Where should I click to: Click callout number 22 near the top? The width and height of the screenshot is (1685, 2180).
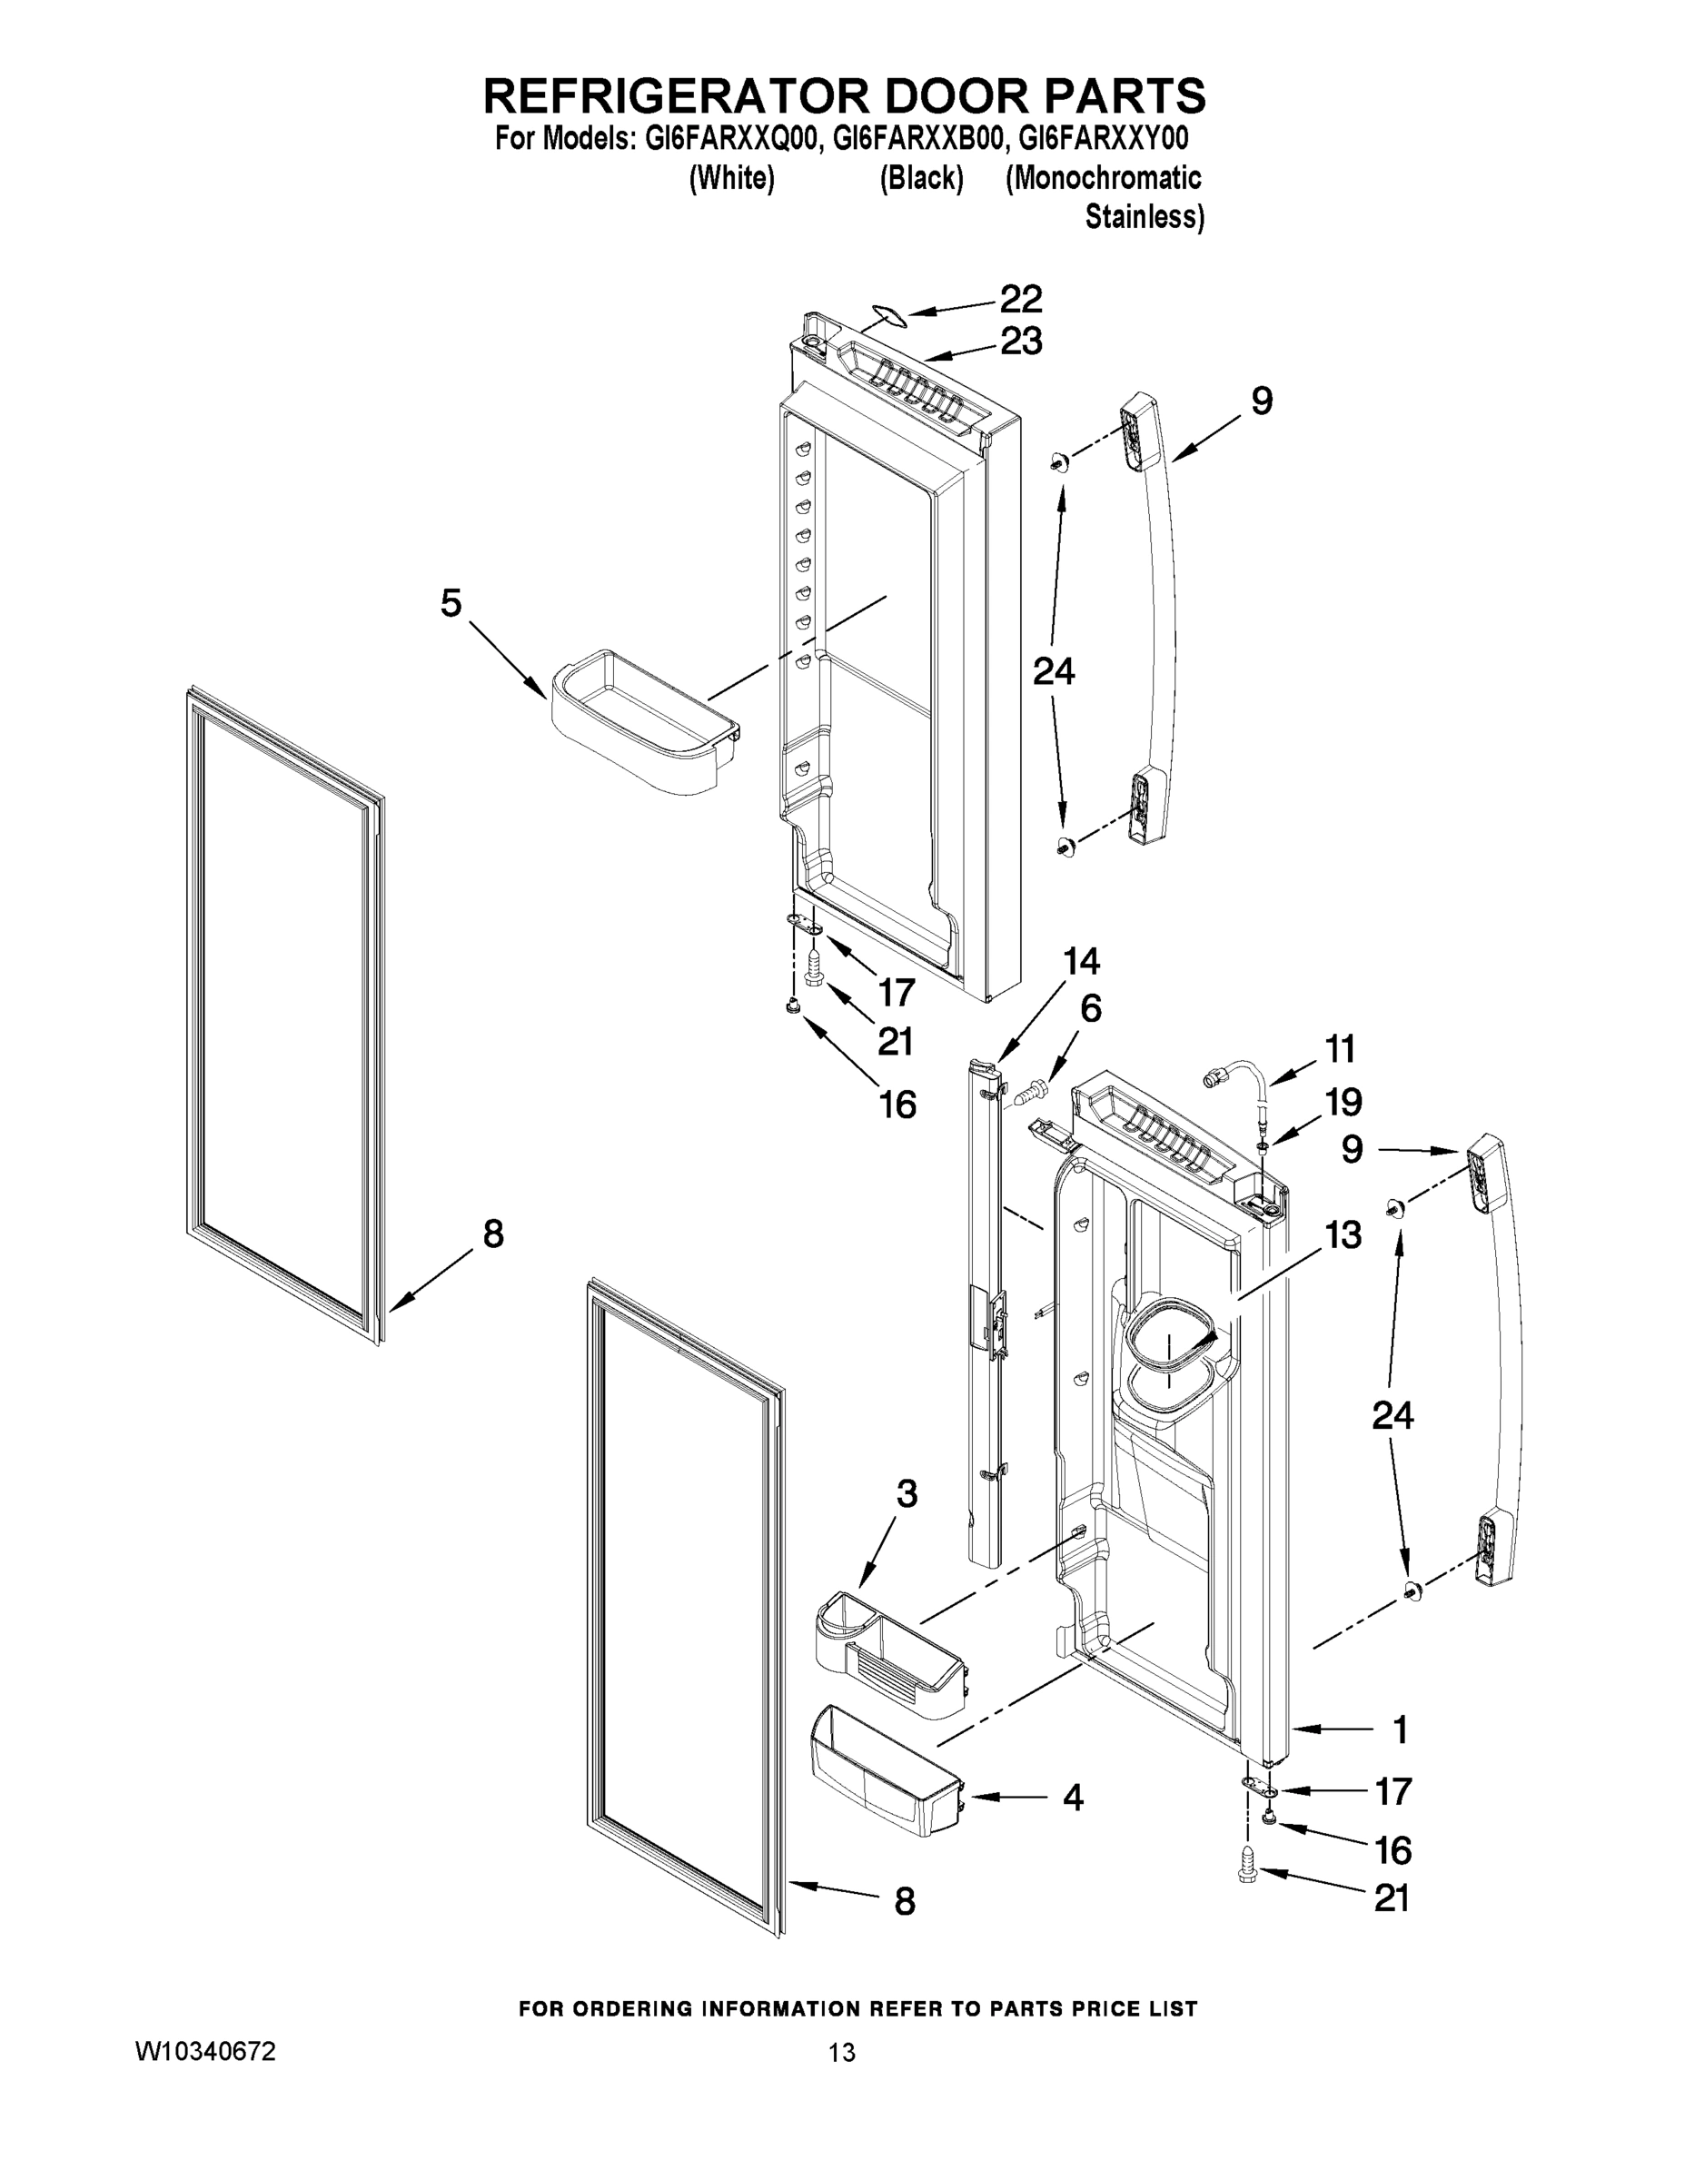(1021, 299)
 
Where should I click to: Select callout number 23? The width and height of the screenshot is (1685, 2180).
(1021, 342)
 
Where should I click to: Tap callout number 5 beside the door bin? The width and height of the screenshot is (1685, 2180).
(451, 603)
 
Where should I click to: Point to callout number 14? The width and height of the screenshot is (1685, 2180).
(1081, 961)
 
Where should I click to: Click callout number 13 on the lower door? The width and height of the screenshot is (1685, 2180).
(1343, 1234)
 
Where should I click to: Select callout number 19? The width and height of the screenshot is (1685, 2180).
(1343, 1102)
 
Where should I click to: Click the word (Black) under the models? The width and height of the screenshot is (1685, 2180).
(921, 179)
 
